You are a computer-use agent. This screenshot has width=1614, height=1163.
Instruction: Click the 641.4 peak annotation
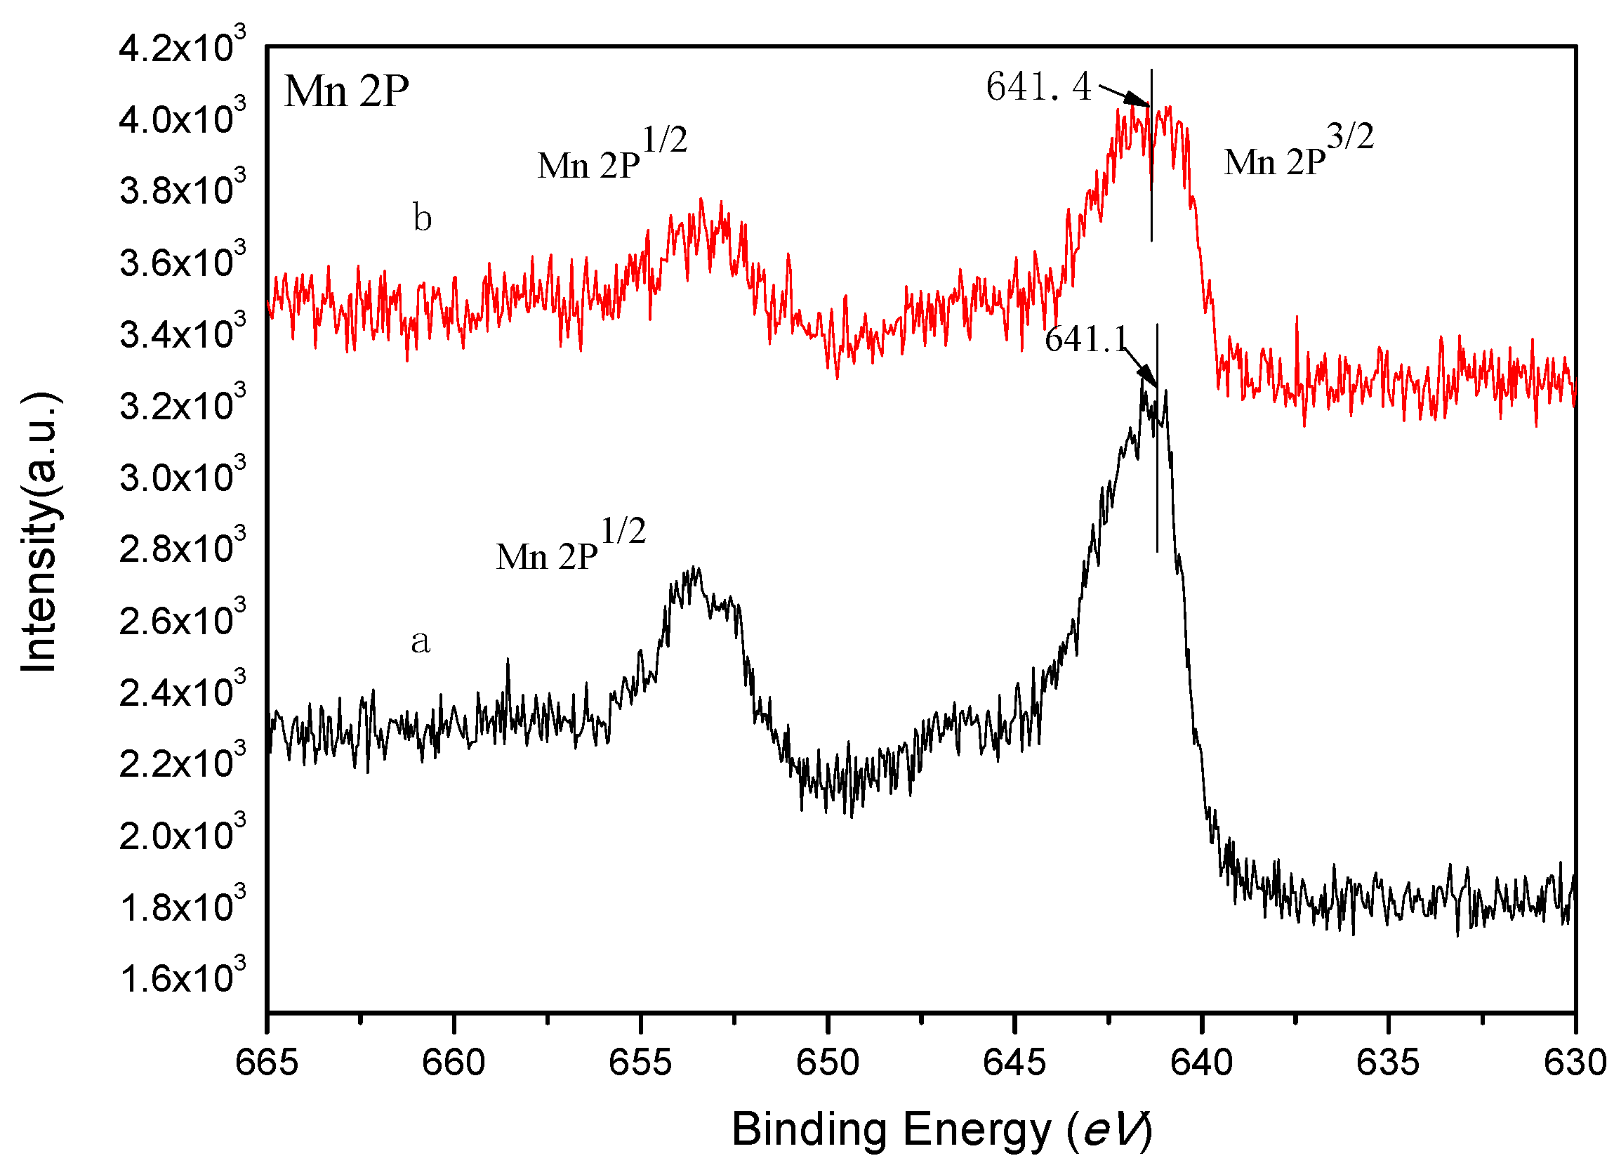[x=1038, y=87]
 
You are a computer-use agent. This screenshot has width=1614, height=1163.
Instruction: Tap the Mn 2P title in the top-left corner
[x=347, y=92]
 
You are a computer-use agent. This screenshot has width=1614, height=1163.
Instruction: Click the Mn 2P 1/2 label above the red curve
[x=611, y=155]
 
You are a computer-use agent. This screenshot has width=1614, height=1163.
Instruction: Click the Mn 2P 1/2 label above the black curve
[x=570, y=546]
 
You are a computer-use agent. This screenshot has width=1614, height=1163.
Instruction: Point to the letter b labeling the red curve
[x=422, y=218]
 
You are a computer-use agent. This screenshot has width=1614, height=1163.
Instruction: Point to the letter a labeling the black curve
[x=421, y=640]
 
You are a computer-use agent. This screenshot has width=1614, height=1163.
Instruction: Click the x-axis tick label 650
[x=827, y=1063]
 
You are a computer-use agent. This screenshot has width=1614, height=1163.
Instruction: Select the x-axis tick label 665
[x=267, y=1063]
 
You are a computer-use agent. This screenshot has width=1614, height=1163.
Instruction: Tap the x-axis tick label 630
[x=1574, y=1063]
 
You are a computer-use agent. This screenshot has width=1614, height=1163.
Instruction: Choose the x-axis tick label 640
[x=1201, y=1063]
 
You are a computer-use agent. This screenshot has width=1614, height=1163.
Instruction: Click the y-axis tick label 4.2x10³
[x=182, y=48]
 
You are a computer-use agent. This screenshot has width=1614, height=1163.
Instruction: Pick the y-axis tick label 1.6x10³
[x=182, y=978]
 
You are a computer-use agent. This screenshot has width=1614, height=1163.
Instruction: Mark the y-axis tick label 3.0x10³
[x=182, y=476]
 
